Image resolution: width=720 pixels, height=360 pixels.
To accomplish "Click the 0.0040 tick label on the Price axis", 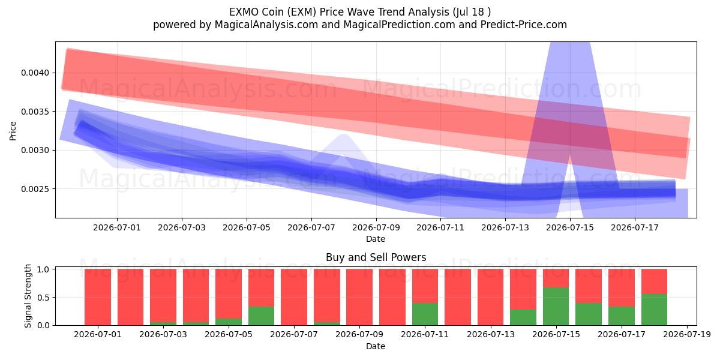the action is pyautogui.click(x=35, y=73).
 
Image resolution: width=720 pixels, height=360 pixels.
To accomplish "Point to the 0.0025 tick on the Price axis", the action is pyautogui.click(x=35, y=189).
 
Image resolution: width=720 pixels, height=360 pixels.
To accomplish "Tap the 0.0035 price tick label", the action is pyautogui.click(x=35, y=112).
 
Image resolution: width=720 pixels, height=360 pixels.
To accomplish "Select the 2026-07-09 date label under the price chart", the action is pyautogui.click(x=376, y=227).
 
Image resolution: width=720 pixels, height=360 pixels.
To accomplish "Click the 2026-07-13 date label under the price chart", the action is pyautogui.click(x=505, y=227).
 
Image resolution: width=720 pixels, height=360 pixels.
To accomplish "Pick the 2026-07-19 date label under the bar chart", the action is pyautogui.click(x=687, y=334).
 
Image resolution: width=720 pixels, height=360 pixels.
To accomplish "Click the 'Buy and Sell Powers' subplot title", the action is pyautogui.click(x=376, y=257).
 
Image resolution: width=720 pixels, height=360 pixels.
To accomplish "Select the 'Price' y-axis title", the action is pyautogui.click(x=13, y=131).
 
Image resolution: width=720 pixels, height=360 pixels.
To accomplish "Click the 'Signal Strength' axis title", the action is pyautogui.click(x=28, y=296).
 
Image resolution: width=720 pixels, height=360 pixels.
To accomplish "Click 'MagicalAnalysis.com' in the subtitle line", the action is pyautogui.click(x=266, y=25).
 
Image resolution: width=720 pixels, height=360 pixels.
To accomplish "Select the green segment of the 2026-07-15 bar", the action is pyautogui.click(x=556, y=307).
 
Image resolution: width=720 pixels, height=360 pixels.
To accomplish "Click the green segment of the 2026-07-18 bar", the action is pyautogui.click(x=654, y=310).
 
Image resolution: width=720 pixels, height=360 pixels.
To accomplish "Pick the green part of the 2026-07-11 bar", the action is pyautogui.click(x=425, y=314).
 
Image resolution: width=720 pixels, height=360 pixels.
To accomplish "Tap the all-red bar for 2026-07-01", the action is pyautogui.click(x=98, y=297).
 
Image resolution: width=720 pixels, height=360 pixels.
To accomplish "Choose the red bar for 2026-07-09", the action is pyautogui.click(x=359, y=297).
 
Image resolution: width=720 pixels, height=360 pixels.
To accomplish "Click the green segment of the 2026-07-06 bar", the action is pyautogui.click(x=262, y=316).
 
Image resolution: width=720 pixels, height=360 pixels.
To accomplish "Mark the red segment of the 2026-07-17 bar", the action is pyautogui.click(x=622, y=287).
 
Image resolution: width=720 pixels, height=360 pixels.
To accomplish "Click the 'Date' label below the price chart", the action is pyautogui.click(x=376, y=239).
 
